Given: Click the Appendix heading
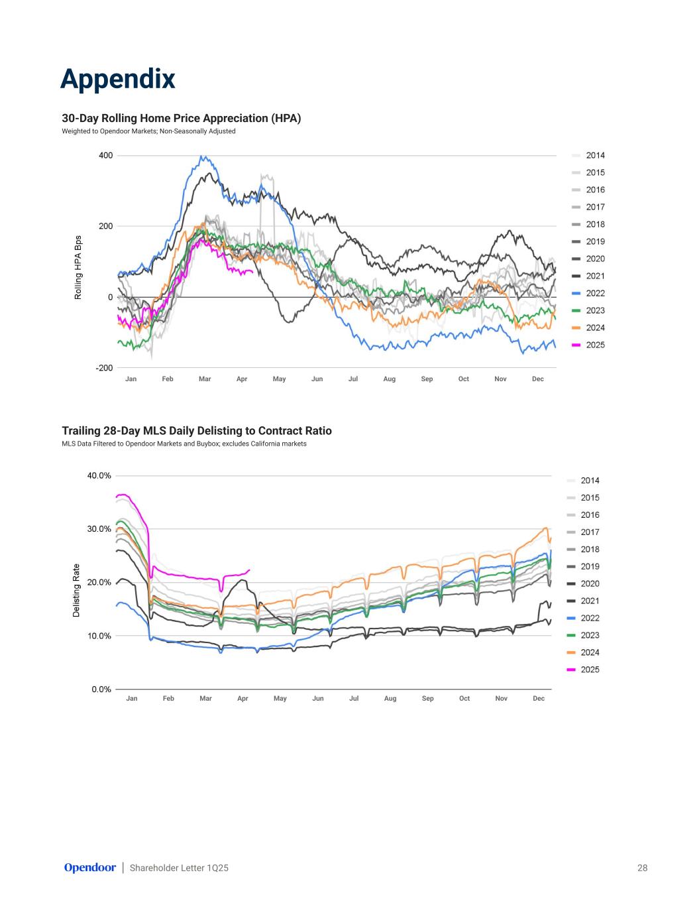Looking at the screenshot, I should (x=118, y=79).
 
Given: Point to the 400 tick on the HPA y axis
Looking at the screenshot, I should (x=106, y=156).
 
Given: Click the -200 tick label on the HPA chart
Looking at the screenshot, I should (x=104, y=368).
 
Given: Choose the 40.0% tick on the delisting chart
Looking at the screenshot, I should (x=99, y=475).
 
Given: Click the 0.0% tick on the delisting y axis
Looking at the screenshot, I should (x=101, y=690).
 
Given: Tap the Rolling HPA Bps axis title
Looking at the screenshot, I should (x=78, y=267).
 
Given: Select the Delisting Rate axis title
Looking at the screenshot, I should (x=76, y=591).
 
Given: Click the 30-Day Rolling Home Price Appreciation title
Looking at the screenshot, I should (x=182, y=119).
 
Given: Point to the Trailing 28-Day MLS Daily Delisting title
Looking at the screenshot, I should (x=197, y=431).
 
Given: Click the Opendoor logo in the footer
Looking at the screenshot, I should (x=89, y=868).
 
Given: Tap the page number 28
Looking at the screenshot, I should (x=642, y=868).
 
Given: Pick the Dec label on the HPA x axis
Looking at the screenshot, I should (x=538, y=379).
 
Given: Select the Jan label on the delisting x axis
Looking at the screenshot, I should (x=132, y=699).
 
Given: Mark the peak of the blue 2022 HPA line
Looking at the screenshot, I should (x=202, y=156).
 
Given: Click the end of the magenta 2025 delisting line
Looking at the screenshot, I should (x=250, y=570).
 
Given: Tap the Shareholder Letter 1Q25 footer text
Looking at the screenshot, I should (x=179, y=868).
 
